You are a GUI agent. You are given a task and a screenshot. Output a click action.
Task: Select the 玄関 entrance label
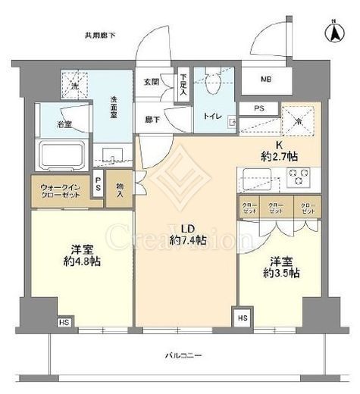pos(150,81)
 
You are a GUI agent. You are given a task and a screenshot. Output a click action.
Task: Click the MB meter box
pos(267,80)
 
